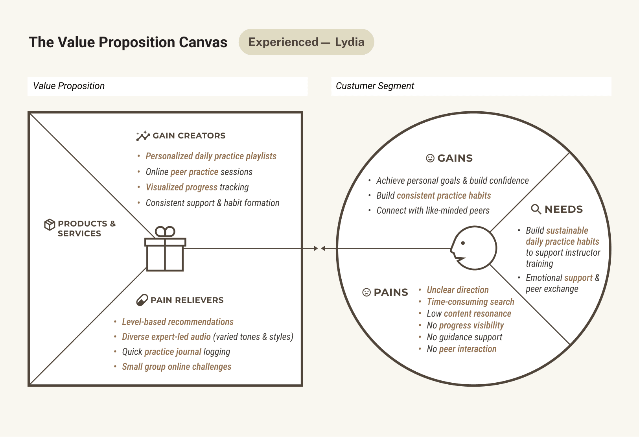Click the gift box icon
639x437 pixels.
(x=165, y=249)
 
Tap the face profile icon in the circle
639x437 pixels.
(x=473, y=248)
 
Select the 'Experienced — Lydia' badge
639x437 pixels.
(x=306, y=42)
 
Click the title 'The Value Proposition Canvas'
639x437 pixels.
(x=128, y=42)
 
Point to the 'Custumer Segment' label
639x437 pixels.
(x=375, y=86)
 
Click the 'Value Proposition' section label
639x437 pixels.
(x=69, y=86)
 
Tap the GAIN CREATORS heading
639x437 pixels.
(x=189, y=136)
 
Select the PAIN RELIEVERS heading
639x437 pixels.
(x=187, y=300)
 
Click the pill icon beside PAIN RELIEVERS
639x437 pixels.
(x=142, y=300)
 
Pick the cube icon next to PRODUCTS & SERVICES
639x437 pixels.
(x=50, y=225)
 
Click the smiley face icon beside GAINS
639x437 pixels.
(x=430, y=158)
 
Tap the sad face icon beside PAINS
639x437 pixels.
(x=366, y=292)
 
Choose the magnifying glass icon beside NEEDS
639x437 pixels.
(x=536, y=209)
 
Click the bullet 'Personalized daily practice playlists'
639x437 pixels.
(x=211, y=156)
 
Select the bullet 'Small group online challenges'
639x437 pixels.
(x=177, y=367)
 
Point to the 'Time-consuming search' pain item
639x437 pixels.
(x=470, y=302)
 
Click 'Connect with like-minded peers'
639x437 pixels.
(x=433, y=210)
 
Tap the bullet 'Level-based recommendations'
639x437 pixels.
(x=178, y=322)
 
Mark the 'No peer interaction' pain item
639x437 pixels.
(x=461, y=349)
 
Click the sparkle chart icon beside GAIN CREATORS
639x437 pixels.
(x=143, y=136)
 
